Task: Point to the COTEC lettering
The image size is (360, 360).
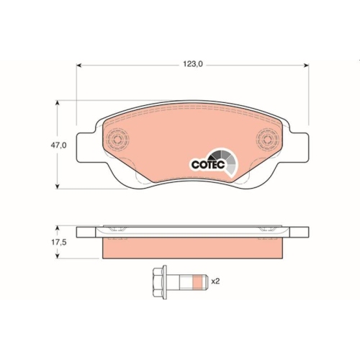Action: tap(208, 164)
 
